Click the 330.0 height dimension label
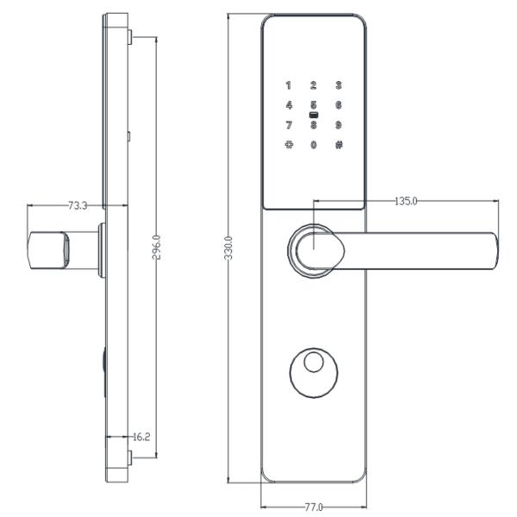click(x=228, y=248)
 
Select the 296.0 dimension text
click(x=157, y=247)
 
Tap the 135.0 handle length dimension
click(x=406, y=201)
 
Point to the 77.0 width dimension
click(x=314, y=507)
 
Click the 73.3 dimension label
click(x=78, y=206)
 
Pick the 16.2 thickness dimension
click(x=141, y=437)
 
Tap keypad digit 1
click(x=289, y=85)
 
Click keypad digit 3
click(x=339, y=85)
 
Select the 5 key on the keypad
click(x=314, y=105)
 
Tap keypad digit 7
click(x=289, y=125)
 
